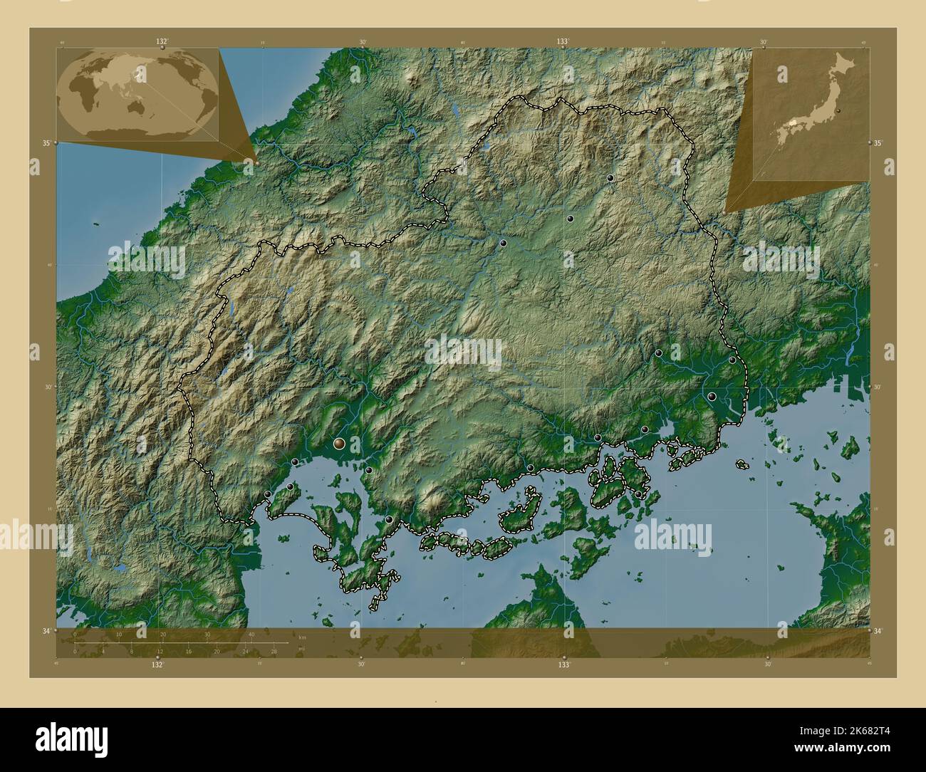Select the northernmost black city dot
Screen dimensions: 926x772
click(610, 178)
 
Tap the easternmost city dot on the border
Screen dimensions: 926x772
click(732, 360)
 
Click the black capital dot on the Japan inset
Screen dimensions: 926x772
click(841, 111)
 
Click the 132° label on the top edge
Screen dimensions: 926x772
click(162, 41)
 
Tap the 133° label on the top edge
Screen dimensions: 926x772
click(563, 41)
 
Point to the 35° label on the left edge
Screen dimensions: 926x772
click(46, 143)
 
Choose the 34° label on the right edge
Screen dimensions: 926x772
click(878, 631)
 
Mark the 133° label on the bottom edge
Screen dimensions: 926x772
click(564, 664)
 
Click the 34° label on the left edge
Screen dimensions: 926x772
click(46, 631)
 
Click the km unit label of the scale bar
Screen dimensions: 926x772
click(303, 637)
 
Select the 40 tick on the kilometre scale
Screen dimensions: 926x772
click(251, 634)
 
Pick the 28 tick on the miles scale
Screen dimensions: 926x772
click(274, 651)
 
